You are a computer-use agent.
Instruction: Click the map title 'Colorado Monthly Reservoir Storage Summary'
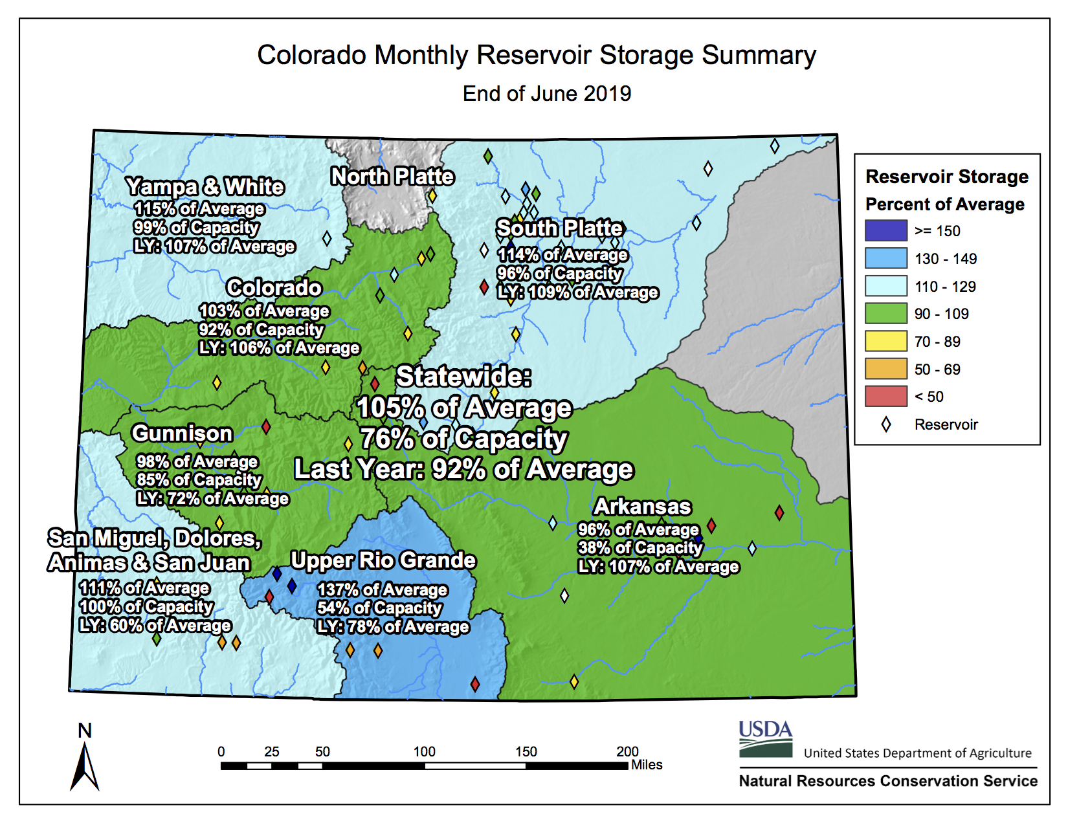click(x=536, y=56)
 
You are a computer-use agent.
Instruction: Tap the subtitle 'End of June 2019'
click(x=546, y=94)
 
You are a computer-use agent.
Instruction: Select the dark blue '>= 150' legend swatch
click(x=885, y=230)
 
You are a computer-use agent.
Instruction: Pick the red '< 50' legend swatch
click(x=885, y=396)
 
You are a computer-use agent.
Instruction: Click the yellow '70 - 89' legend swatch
click(x=885, y=341)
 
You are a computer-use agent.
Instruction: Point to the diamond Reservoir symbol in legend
click(x=885, y=424)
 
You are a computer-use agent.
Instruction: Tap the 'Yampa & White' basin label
click(x=205, y=187)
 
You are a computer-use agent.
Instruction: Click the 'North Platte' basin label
click(x=392, y=176)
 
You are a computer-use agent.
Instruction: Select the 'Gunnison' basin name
click(x=182, y=434)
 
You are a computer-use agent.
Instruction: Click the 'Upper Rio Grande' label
click(x=383, y=560)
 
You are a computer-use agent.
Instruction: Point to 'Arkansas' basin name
click(x=642, y=506)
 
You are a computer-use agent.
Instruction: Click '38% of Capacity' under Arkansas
click(x=640, y=548)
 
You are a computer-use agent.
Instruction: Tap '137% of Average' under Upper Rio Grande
click(x=382, y=589)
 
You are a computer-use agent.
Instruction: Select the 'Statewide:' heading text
click(x=463, y=377)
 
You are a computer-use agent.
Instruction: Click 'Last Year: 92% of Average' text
click(x=463, y=470)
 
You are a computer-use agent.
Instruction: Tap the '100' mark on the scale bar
click(x=424, y=752)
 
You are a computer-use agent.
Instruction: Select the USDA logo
click(x=766, y=739)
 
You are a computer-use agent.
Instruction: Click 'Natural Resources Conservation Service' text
click(x=887, y=781)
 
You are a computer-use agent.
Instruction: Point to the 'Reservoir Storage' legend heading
click(x=946, y=177)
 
